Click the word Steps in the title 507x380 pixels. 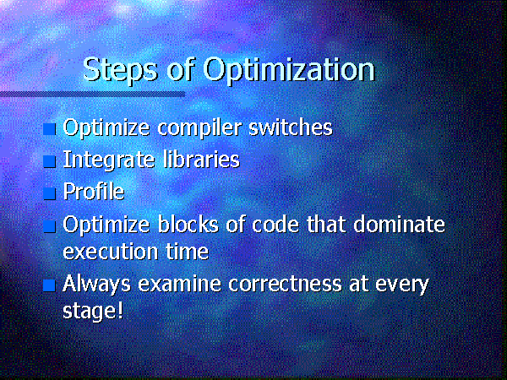click(121, 70)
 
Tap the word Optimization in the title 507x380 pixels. click(289, 70)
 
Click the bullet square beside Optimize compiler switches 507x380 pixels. click(50, 129)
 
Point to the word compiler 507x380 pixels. click(199, 128)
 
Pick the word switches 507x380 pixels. click(291, 127)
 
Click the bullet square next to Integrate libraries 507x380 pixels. click(50, 161)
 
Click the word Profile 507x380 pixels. click(94, 192)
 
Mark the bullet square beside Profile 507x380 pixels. click(50, 193)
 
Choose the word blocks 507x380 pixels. click(188, 224)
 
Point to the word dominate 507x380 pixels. click(400, 224)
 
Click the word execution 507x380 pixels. click(111, 252)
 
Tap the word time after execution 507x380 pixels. click(188, 251)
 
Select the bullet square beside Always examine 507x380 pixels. click(50, 285)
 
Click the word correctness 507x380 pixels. click(286, 284)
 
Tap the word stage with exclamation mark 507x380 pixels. click(93, 312)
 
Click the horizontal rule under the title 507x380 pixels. click(92, 94)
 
